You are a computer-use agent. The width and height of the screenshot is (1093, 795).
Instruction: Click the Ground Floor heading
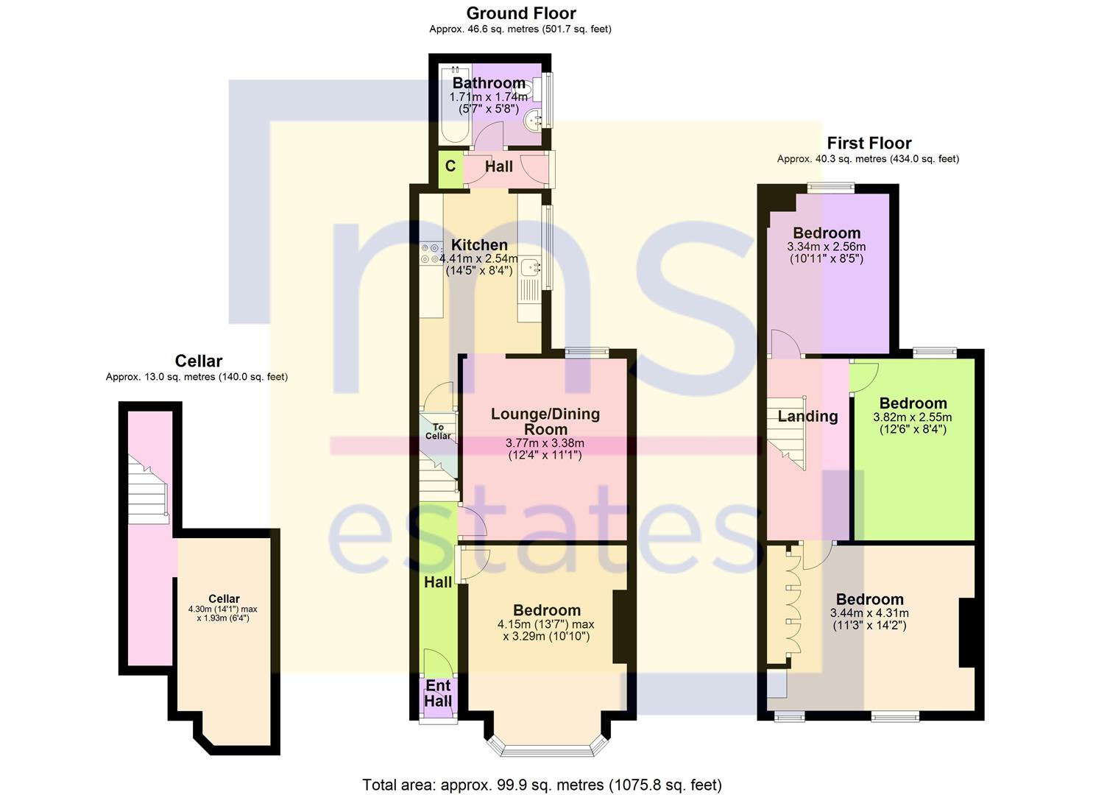pyautogui.click(x=521, y=13)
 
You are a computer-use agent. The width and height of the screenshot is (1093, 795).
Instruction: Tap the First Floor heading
pyautogui.click(x=869, y=143)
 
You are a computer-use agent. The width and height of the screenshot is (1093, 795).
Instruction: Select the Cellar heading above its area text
pyautogui.click(x=199, y=361)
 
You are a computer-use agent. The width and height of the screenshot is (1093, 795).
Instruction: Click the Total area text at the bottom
pyautogui.click(x=542, y=785)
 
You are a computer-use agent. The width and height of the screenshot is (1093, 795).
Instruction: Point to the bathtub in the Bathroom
pyautogui.click(x=454, y=105)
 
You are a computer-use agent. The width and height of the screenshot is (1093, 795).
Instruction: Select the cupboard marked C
pyautogui.click(x=450, y=169)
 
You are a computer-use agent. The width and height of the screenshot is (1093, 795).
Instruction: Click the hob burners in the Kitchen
pyautogui.click(x=431, y=254)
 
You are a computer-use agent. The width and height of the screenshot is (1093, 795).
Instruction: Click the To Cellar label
pyautogui.click(x=438, y=431)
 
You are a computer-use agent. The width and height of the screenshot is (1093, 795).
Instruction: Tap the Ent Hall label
pyautogui.click(x=438, y=693)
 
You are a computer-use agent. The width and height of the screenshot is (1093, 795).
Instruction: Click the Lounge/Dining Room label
pyautogui.click(x=545, y=421)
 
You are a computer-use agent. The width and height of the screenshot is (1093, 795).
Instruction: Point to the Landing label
pyautogui.click(x=807, y=417)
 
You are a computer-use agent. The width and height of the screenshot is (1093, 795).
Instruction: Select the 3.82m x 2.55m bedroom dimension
pyautogui.click(x=913, y=417)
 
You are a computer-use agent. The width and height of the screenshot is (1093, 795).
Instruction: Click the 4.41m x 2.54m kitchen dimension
pyautogui.click(x=478, y=258)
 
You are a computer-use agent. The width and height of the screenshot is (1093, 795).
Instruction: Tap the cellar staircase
pyautogui.click(x=149, y=489)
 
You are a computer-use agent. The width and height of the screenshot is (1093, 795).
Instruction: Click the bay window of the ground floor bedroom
pyautogui.click(x=547, y=745)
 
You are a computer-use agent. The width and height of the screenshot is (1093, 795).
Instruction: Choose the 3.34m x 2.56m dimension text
pyautogui.click(x=827, y=247)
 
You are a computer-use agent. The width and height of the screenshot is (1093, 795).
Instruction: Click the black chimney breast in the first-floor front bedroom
pyautogui.click(x=966, y=632)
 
